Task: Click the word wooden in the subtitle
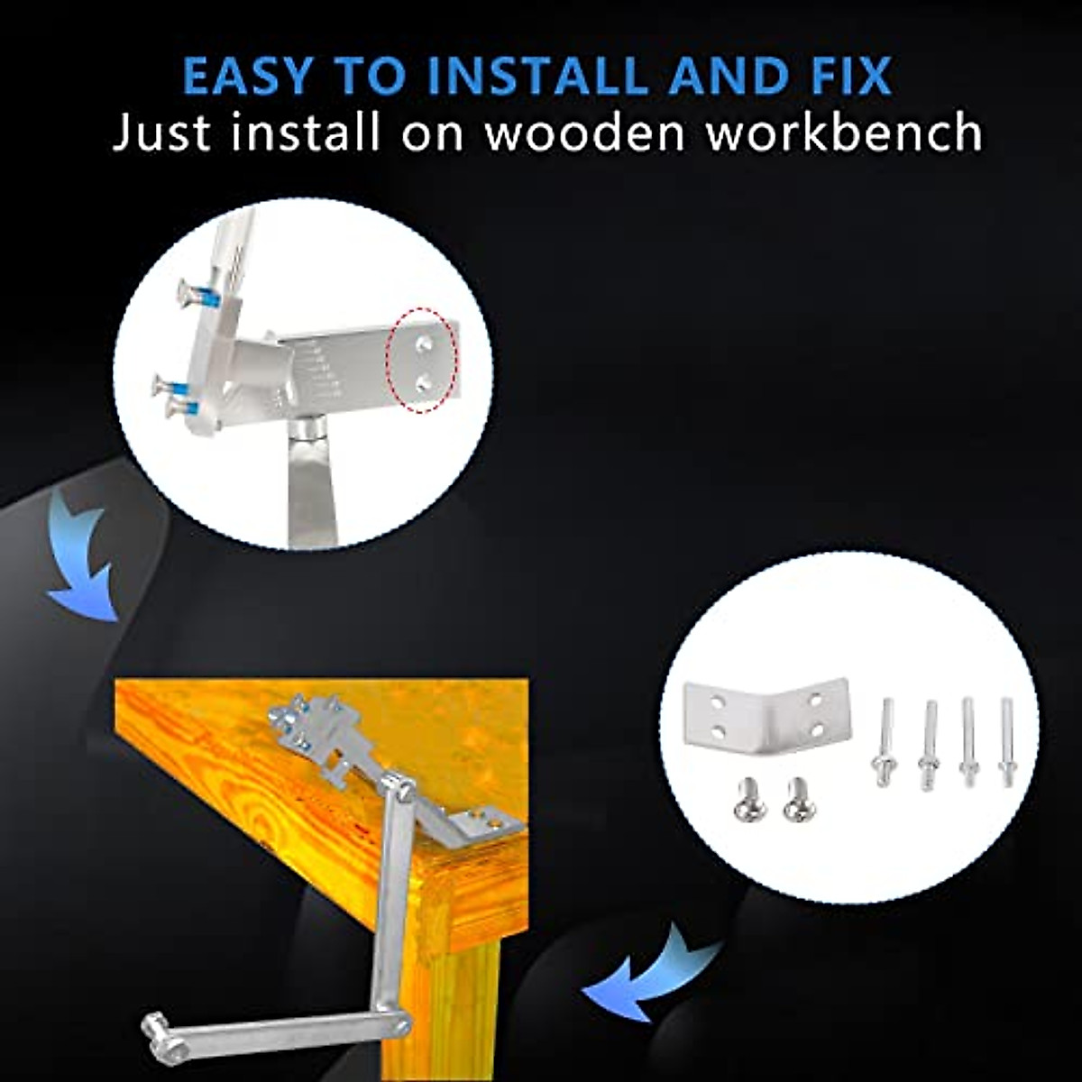[585, 133]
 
